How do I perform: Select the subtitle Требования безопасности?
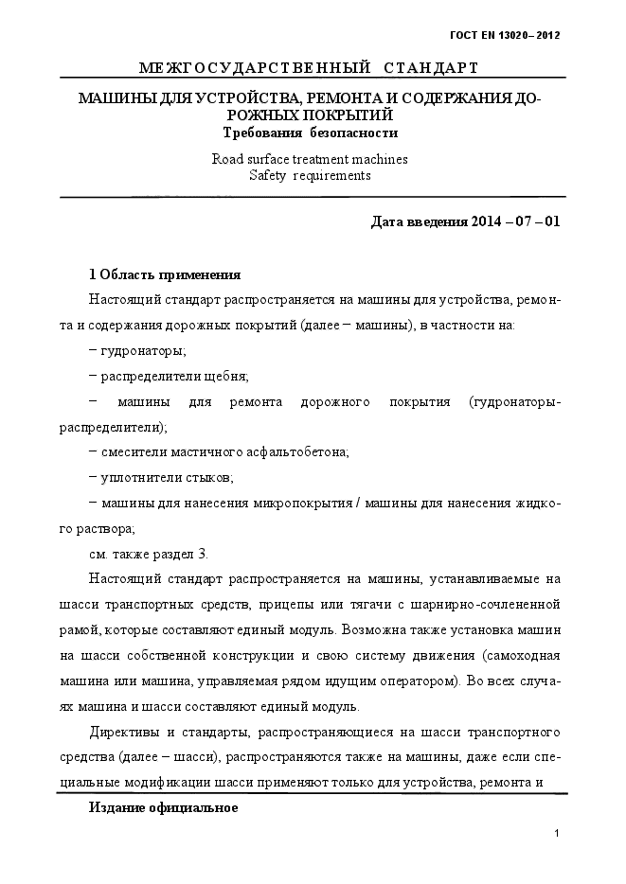tap(310, 133)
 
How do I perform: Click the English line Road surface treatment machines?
tap(310, 159)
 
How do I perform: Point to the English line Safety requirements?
tap(310, 175)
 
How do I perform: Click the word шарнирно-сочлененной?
tap(491, 604)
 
